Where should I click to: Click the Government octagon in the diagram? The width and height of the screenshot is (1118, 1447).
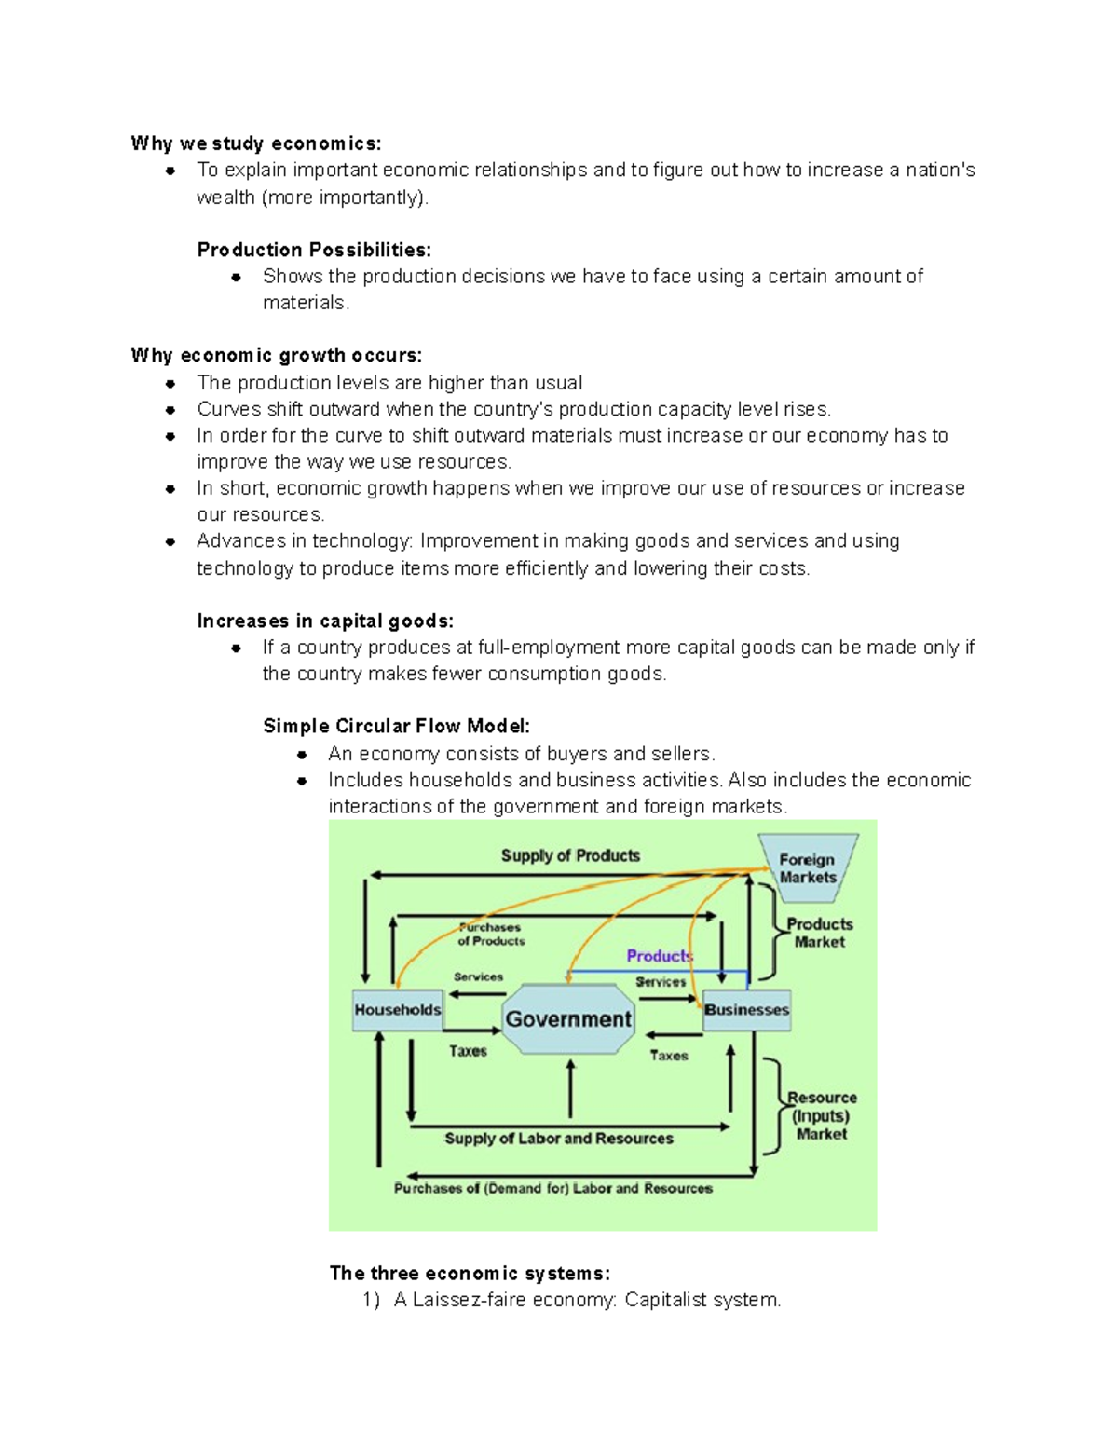(567, 1018)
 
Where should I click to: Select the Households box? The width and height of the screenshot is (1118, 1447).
(398, 1010)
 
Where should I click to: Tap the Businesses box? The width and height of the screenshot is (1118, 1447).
(746, 1010)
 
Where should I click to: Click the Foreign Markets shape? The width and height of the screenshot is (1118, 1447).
(808, 868)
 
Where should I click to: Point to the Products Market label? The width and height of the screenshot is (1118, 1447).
(819, 933)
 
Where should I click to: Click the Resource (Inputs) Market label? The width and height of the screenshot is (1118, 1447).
(821, 1115)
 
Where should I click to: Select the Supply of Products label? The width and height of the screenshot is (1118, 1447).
(570, 855)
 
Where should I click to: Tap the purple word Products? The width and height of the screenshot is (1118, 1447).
(659, 956)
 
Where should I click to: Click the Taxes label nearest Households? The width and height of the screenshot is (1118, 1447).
(468, 1051)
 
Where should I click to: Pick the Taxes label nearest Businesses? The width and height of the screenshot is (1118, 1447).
(669, 1056)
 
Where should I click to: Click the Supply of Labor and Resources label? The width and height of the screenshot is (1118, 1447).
(558, 1139)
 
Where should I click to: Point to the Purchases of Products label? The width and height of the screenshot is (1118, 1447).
(491, 935)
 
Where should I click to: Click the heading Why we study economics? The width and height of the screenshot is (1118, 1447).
(256, 143)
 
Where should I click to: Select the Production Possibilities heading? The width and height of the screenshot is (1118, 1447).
(314, 250)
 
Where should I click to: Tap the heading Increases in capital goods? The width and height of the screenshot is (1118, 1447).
(325, 621)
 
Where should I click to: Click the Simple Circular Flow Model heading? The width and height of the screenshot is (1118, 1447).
(397, 727)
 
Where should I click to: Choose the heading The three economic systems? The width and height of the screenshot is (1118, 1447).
(470, 1274)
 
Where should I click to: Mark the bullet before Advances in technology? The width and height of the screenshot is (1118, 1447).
(170, 541)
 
